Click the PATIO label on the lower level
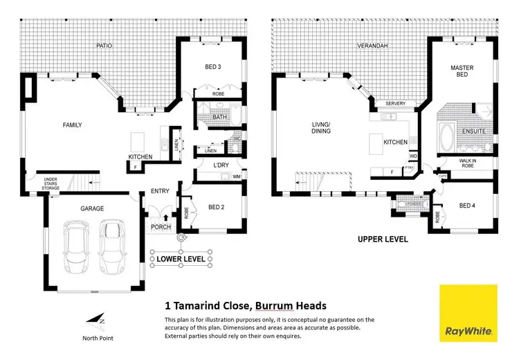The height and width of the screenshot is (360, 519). pyautogui.click(x=104, y=46)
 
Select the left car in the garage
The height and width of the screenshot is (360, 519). pyautogui.click(x=75, y=247)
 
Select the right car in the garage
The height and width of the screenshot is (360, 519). pyautogui.click(x=111, y=247)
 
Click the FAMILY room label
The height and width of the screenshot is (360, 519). pyautogui.click(x=72, y=125)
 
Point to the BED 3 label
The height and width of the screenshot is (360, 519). pyautogui.click(x=213, y=67)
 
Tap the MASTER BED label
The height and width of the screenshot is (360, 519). pyautogui.click(x=462, y=72)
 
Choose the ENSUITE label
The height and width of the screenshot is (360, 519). pyautogui.click(x=474, y=131)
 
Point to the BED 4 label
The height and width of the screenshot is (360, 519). pyautogui.click(x=468, y=206)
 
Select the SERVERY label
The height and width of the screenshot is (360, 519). pyautogui.click(x=395, y=104)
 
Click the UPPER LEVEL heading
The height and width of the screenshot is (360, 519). pyautogui.click(x=383, y=240)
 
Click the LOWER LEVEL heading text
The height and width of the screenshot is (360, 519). pyautogui.click(x=181, y=259)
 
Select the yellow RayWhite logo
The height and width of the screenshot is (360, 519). pyautogui.click(x=468, y=312)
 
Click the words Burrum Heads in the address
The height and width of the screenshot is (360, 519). pyautogui.click(x=291, y=305)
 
